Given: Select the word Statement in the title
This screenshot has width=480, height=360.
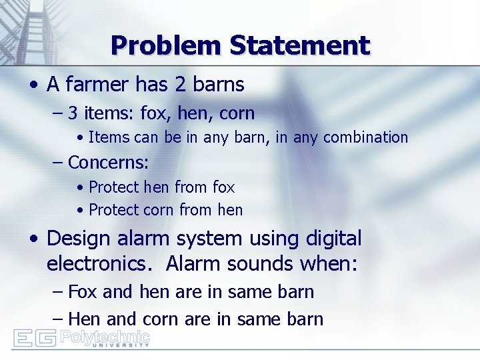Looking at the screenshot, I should pyautogui.click(x=299, y=45).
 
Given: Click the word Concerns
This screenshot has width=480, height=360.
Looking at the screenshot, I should pyautogui.click(x=108, y=162).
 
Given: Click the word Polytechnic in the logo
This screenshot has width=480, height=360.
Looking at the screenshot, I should pyautogui.click(x=105, y=337).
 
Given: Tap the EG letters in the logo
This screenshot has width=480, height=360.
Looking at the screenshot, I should pyautogui.click(x=35, y=339).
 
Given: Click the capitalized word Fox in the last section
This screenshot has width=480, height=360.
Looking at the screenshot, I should pyautogui.click(x=83, y=292).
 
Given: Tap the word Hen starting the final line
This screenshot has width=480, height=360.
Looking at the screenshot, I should pyautogui.click(x=83, y=319).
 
